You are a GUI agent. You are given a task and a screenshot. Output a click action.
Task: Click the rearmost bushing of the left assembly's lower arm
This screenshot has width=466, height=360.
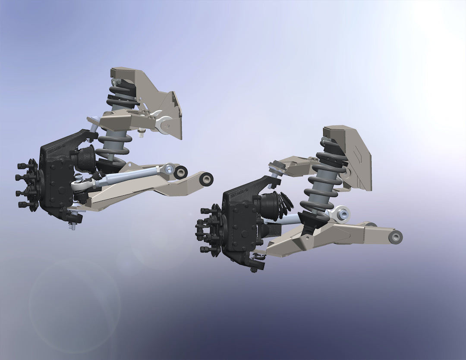207,178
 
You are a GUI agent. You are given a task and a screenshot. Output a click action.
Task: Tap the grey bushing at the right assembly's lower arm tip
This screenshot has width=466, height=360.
395,236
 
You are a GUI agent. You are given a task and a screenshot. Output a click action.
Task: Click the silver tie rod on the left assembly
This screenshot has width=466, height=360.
129,176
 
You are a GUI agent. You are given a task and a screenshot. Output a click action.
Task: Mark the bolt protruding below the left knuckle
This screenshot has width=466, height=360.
73,225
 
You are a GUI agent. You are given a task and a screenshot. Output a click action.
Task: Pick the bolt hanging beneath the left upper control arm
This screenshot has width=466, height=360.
141,135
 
